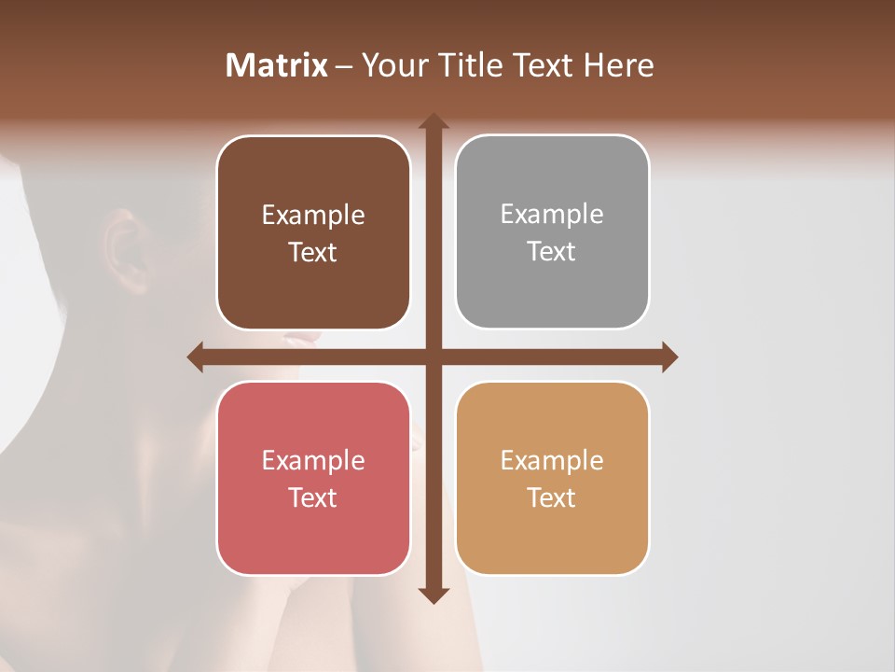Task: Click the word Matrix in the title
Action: coord(277,65)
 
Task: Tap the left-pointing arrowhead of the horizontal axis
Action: coord(196,357)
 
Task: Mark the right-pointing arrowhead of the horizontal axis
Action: coord(668,357)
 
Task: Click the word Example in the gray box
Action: coord(552,214)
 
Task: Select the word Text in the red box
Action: coord(312,497)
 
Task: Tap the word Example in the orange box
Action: coord(552,460)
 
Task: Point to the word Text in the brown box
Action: coord(312,252)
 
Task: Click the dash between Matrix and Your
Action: coord(344,66)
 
